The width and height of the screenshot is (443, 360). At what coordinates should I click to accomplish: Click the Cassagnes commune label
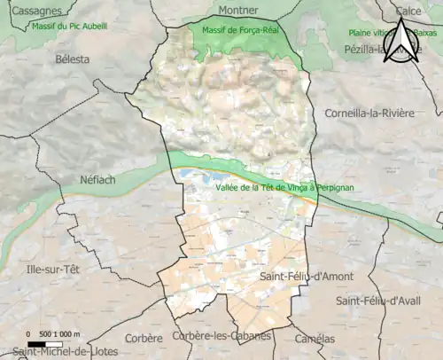pos(32,11)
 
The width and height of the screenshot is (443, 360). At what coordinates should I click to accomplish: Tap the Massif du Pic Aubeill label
pos(68,27)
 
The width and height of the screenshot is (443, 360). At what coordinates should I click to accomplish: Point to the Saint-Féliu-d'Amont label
pos(307,278)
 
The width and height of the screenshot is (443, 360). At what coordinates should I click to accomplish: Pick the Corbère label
pos(144,338)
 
